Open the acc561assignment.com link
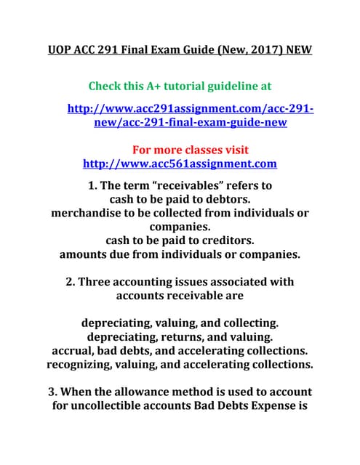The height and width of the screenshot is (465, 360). pyautogui.click(x=180, y=163)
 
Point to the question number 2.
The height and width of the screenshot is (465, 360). pyautogui.click(x=70, y=281)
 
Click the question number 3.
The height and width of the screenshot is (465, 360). pyautogui.click(x=53, y=392)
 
